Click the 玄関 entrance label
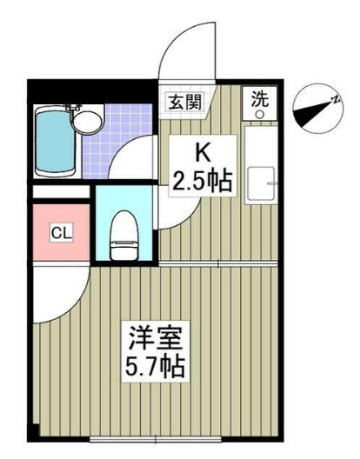pyautogui.click(x=184, y=101)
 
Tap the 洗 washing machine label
pyautogui.click(x=260, y=99)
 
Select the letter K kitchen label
pyautogui.click(x=201, y=153)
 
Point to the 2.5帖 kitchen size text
pyautogui.click(x=202, y=181)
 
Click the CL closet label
pyautogui.click(x=60, y=232)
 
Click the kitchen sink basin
pyautogui.click(x=258, y=183)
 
